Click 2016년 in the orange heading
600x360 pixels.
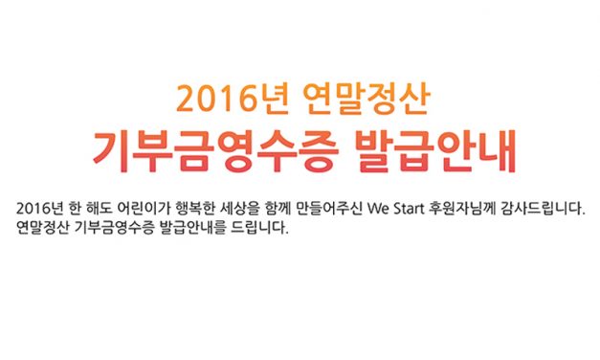[218, 97]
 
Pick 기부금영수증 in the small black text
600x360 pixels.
[114, 231]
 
